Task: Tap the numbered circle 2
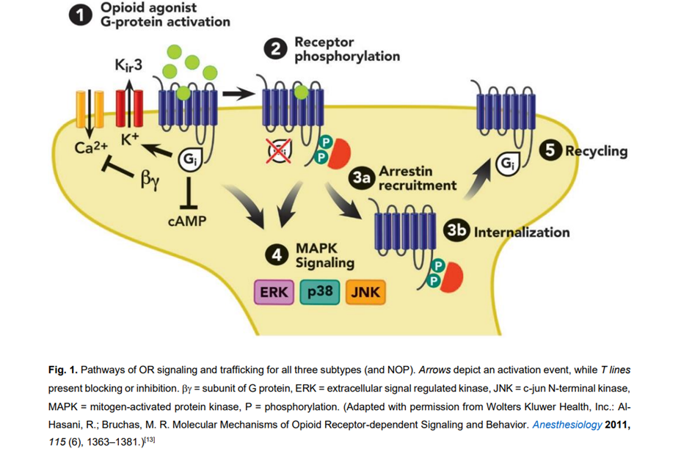point(276,50)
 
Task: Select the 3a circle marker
point(361,177)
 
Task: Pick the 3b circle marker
point(456,232)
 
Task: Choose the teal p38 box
point(320,293)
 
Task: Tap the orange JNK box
point(365,293)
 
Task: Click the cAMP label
point(191,221)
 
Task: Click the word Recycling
point(595,151)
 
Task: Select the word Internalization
point(521,233)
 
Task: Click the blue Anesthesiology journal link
point(567,424)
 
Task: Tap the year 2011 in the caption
point(617,424)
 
